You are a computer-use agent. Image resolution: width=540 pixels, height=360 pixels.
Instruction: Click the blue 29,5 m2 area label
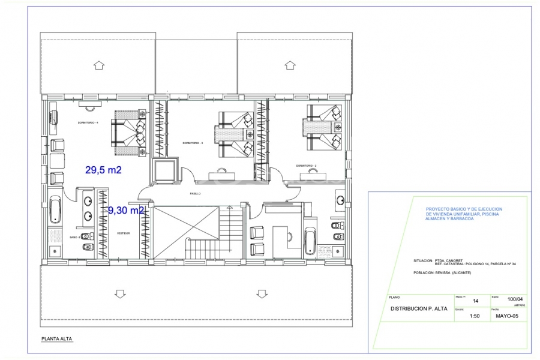103,170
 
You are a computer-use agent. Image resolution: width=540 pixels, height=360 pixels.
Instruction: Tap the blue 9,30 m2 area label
126,211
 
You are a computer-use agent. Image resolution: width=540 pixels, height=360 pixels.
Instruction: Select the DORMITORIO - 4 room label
88,122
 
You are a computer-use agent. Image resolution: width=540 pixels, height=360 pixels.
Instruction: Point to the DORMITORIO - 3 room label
193,143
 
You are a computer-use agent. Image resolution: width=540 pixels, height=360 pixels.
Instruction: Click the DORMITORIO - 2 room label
306,166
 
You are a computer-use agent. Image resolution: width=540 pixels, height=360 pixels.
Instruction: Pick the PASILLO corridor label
195,194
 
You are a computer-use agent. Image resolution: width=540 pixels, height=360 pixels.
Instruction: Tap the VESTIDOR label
124,233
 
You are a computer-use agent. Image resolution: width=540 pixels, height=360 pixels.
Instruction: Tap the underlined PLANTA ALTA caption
56,339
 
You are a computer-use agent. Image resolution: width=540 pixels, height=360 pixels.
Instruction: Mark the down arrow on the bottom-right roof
261,293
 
